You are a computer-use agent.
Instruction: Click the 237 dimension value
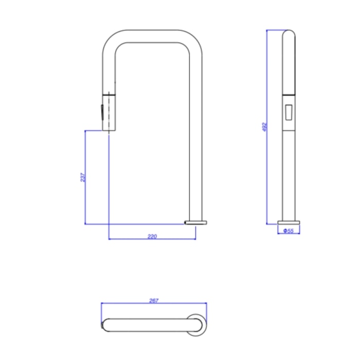click(x=83, y=177)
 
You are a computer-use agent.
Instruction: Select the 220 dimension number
click(x=152, y=236)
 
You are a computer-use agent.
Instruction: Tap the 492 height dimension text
click(x=265, y=127)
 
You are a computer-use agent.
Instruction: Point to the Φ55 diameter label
click(x=289, y=231)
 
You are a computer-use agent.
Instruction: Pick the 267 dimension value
click(x=154, y=300)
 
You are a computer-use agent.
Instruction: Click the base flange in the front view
click(x=195, y=223)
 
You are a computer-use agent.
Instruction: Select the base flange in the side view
click(x=289, y=223)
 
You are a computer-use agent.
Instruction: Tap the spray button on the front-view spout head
click(x=102, y=112)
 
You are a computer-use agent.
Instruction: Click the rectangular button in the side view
click(x=289, y=112)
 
